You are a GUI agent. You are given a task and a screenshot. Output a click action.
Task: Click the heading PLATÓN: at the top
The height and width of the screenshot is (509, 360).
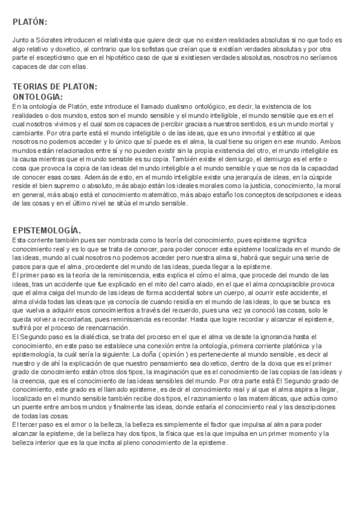[30, 22]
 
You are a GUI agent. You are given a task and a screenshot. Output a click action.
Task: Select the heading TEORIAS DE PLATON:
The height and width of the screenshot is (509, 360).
[55, 86]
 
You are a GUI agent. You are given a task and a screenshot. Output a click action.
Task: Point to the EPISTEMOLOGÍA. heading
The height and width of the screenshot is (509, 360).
[46, 230]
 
